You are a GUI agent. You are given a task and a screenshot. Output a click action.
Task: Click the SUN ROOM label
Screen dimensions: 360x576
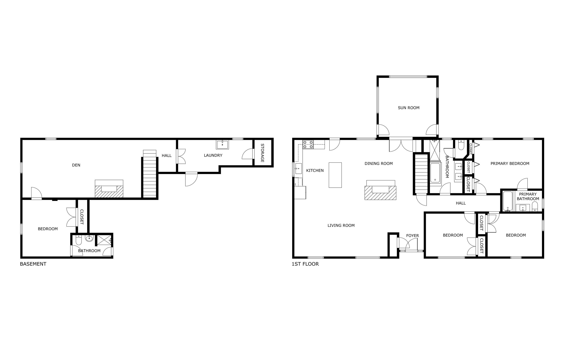pos(408,108)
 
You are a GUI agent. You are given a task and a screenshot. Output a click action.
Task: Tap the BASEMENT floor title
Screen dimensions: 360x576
pos(33,264)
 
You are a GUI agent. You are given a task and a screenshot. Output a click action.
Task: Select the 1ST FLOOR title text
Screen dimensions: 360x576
pos(305,264)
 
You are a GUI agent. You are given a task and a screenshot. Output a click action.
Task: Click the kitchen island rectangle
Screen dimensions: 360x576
pos(335,175)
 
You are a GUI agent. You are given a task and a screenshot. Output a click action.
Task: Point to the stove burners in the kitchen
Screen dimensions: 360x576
pos(308,144)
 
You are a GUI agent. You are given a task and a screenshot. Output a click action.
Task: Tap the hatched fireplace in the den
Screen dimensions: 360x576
pos(109,191)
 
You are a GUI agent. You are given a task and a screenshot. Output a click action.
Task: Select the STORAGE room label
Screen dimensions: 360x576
pos(262,153)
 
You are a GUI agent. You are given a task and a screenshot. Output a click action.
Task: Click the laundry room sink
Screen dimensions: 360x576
pos(222,145)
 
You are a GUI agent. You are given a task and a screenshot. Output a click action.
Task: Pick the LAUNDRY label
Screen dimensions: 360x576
pos(213,155)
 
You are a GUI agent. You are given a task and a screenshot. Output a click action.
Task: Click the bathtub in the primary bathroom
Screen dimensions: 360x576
pos(508,201)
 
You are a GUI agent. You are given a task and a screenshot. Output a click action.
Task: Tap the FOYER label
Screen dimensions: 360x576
pos(412,236)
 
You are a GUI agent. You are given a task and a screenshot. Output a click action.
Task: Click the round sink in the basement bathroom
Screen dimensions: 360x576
pos(89,239)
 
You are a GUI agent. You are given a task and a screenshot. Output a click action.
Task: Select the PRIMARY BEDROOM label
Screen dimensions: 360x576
pos(510,164)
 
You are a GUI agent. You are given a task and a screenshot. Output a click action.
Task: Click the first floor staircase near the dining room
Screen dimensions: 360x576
pos(421,174)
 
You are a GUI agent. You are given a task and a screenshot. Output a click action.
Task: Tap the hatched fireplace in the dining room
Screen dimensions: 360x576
pos(380,193)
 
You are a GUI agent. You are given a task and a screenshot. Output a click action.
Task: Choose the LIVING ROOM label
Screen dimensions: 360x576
pos(341,225)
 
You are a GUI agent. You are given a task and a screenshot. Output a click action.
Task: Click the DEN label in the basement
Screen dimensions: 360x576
pos(76,165)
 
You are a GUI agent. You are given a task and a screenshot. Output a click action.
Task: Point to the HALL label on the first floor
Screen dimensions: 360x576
pos(461,203)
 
